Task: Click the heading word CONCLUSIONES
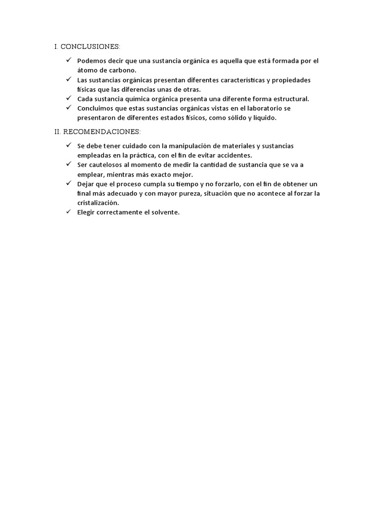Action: [x=90, y=47]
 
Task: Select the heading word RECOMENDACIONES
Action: [x=102, y=132]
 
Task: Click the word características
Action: [x=226, y=80]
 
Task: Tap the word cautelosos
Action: [x=106, y=165]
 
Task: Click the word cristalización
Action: [x=98, y=203]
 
